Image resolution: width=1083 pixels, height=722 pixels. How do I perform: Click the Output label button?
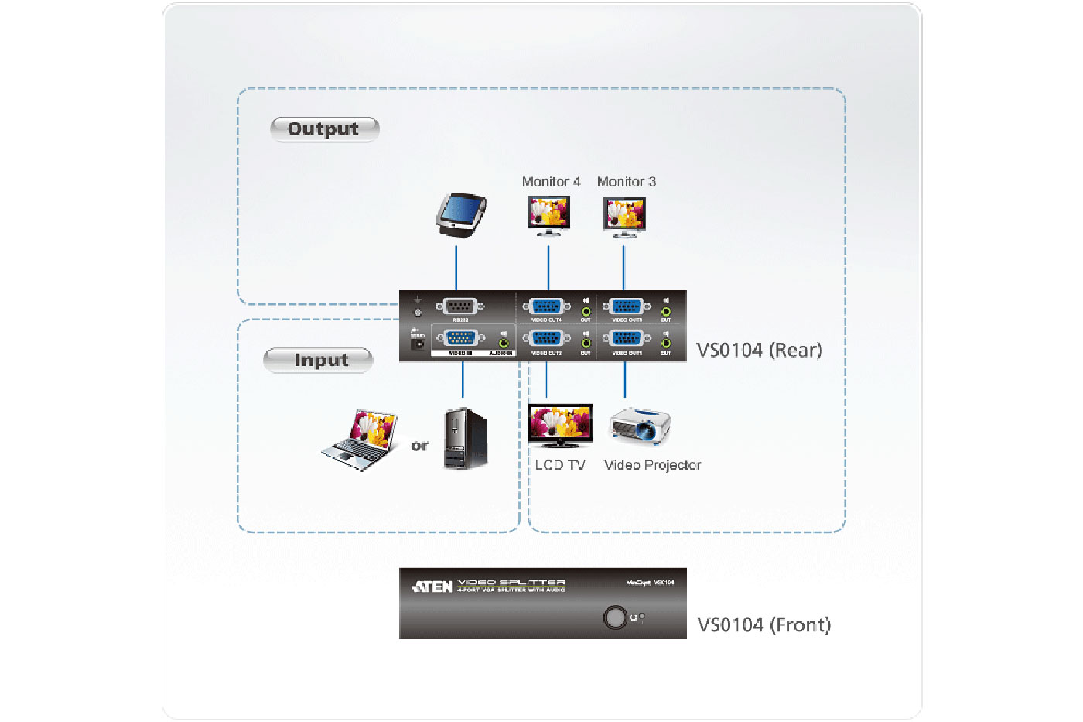pos(324,129)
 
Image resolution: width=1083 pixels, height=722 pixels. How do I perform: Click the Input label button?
pos(318,361)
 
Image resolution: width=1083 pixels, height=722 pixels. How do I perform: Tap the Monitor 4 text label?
pos(551,182)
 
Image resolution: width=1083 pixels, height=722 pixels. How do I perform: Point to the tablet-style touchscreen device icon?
pos(461,214)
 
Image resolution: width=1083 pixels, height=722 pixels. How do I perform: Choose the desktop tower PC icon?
pos(465,438)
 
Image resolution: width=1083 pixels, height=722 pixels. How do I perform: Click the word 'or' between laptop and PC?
pos(420,446)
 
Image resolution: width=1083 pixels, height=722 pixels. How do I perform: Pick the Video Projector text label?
pos(652,465)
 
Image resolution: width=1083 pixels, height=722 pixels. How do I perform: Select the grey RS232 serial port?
pos(460,307)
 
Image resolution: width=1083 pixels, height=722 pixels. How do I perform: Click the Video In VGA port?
pos(461,339)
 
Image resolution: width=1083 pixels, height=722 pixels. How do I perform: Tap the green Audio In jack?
pos(504,342)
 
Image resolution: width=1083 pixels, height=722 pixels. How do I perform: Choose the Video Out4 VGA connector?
pos(546,307)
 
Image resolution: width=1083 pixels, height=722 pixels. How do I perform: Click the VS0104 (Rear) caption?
pos(759,351)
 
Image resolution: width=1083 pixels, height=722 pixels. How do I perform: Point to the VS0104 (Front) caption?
pos(764,625)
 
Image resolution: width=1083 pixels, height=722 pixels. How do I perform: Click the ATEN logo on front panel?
pos(432,587)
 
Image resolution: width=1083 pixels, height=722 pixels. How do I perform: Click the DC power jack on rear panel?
pos(418,344)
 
